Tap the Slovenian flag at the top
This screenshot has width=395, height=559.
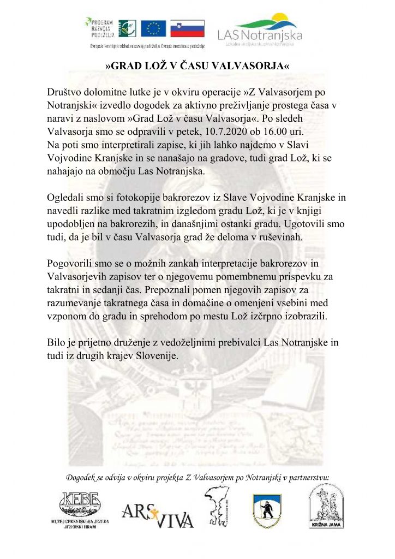pyautogui.click(x=187, y=28)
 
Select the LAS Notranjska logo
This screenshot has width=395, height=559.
pyautogui.click(x=259, y=29)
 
